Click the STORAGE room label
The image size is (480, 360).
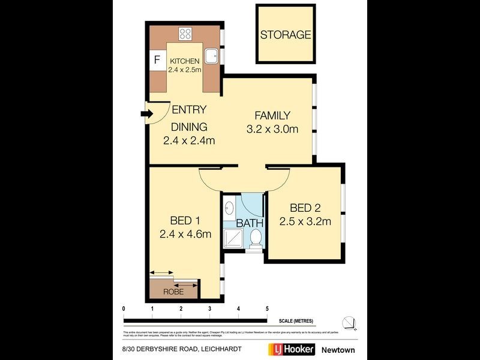pyautogui.click(x=286, y=35)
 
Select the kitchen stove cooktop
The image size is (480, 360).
pyautogui.click(x=185, y=34)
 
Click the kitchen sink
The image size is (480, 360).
pyautogui.click(x=212, y=56)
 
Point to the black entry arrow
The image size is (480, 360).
pyautogui.click(x=145, y=113)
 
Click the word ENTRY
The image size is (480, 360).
pyautogui.click(x=189, y=110)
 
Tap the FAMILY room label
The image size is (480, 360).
pyautogui.click(x=272, y=116)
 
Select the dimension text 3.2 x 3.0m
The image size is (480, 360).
pyautogui.click(x=272, y=129)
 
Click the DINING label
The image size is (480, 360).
pyautogui.click(x=189, y=127)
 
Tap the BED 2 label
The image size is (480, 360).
pyautogui.click(x=305, y=208)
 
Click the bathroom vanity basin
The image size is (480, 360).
pyautogui.click(x=229, y=209)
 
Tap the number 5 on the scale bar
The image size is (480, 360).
pyautogui.click(x=267, y=308)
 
